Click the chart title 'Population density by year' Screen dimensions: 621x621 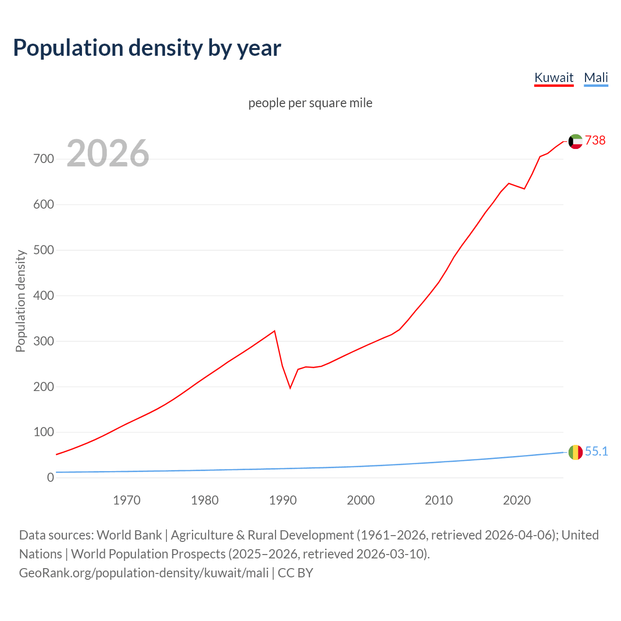pyautogui.click(x=147, y=48)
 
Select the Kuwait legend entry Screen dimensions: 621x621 pyautogui.click(x=554, y=78)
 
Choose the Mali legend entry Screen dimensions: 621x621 pyautogui.click(x=596, y=78)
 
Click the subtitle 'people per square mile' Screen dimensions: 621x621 pyautogui.click(x=310, y=103)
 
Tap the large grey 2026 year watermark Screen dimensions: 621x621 pyautogui.click(x=108, y=153)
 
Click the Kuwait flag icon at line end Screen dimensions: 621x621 pyautogui.click(x=575, y=141)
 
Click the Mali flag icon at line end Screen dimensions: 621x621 pyautogui.click(x=575, y=452)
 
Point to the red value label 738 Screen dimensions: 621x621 pyautogui.click(x=595, y=140)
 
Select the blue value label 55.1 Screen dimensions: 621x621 pyautogui.click(x=596, y=451)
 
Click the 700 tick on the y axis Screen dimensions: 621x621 pyautogui.click(x=44, y=159)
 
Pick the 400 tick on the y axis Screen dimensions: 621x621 pyautogui.click(x=44, y=295)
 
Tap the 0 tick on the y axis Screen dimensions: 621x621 pyautogui.click(x=50, y=477)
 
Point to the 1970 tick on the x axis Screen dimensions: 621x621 pyautogui.click(x=127, y=500)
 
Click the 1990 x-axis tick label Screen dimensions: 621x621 pyautogui.click(x=283, y=500)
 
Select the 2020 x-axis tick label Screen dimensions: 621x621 pyautogui.click(x=517, y=500)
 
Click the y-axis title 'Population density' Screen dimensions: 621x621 pyautogui.click(x=20, y=301)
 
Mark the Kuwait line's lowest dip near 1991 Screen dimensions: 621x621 pyautogui.click(x=290, y=388)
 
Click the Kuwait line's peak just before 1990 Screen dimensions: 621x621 pyautogui.click(x=275, y=331)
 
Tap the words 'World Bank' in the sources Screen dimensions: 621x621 pyautogui.click(x=129, y=535)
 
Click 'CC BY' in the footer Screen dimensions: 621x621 pyautogui.click(x=295, y=573)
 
